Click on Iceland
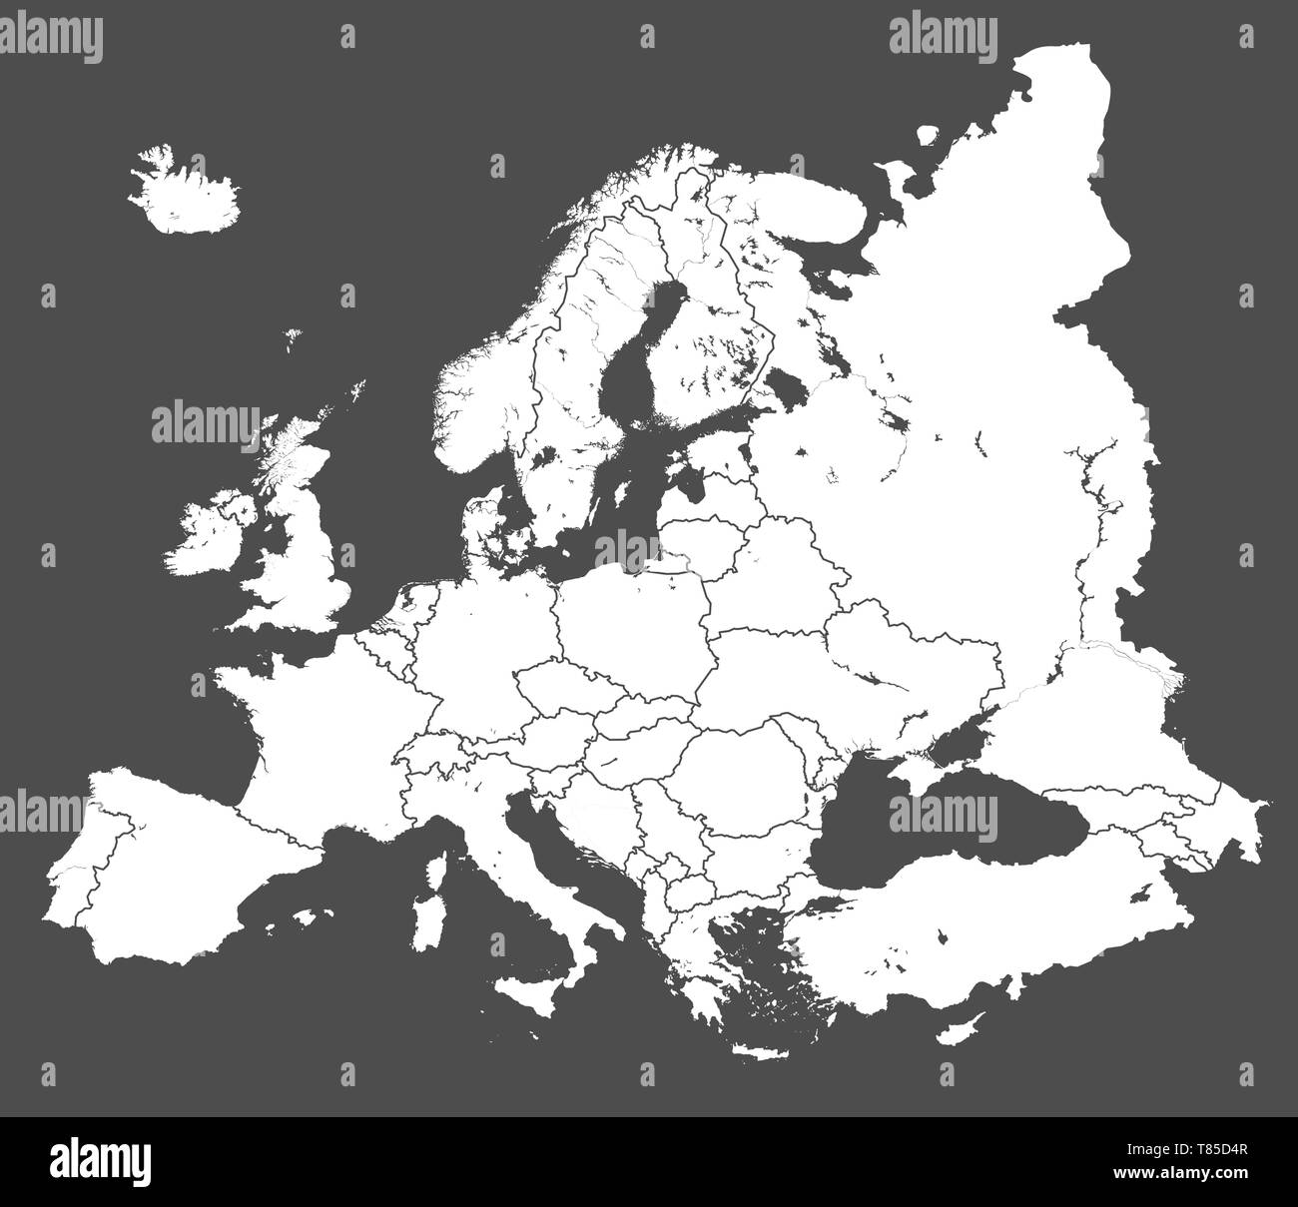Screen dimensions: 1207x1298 click(x=185, y=192)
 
